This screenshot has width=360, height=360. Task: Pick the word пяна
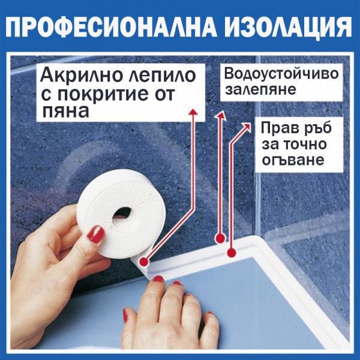tap(62, 112)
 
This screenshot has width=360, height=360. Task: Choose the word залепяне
tap(252, 91)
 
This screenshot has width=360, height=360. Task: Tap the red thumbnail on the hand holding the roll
tap(95, 234)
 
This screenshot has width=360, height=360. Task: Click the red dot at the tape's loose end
tap(144, 262)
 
